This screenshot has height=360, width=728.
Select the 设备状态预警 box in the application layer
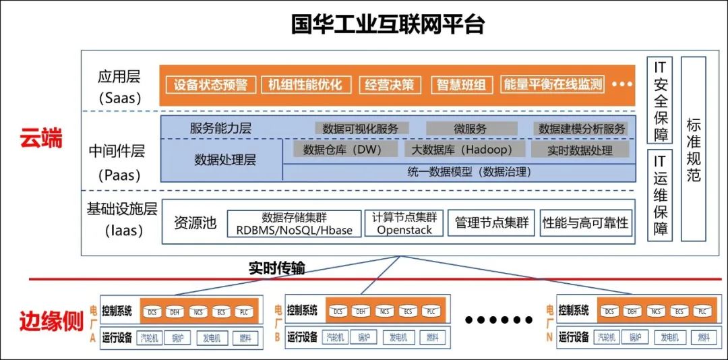coord(210,85)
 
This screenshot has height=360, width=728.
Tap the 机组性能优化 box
coord(305,85)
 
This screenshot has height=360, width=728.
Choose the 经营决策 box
coord(390,85)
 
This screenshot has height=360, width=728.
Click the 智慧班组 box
coord(461,85)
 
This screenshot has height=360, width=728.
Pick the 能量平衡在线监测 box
coord(553,85)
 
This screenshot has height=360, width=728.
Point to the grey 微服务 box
coord(471,128)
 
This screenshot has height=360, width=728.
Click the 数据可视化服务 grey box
coord(360,128)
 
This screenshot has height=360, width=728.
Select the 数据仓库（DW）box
coord(342,150)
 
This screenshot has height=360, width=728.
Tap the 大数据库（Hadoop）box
coord(466,150)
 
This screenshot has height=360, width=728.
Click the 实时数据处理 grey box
coord(579,150)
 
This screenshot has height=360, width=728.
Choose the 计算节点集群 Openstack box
coord(404,223)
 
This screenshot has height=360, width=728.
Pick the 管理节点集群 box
coord(491,223)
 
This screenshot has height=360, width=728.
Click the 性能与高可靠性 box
coord(585,223)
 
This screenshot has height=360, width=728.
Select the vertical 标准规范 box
coord(693,149)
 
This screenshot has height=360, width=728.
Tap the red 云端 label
coord(40,139)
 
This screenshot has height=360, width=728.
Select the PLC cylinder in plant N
coord(701,311)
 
